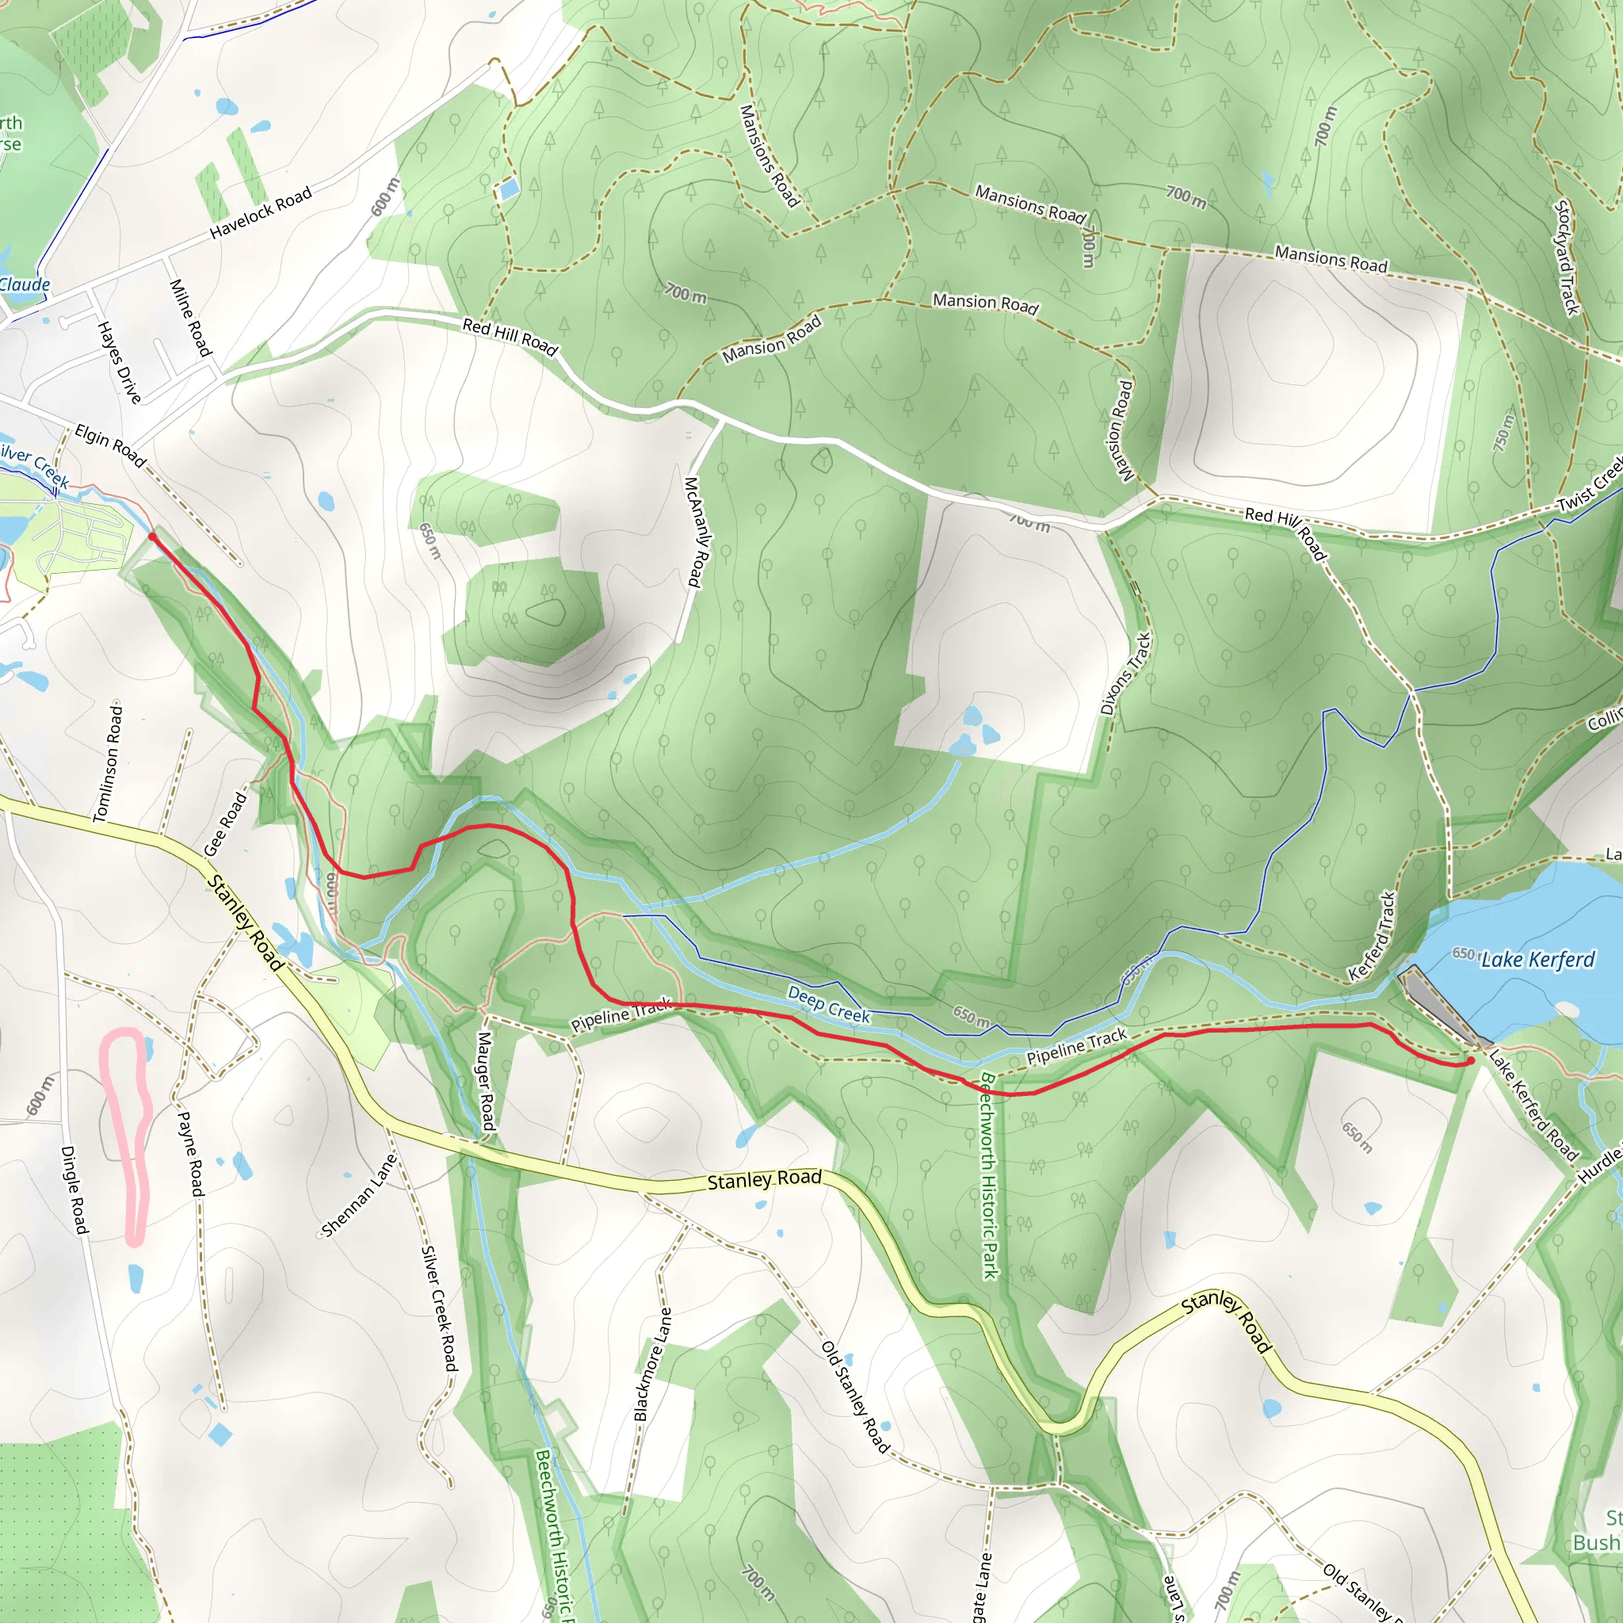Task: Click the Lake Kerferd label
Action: pyautogui.click(x=1537, y=960)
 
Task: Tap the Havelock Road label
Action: pyautogui.click(x=261, y=212)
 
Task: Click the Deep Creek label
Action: pyautogui.click(x=828, y=1004)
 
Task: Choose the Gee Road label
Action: pyautogui.click(x=226, y=823)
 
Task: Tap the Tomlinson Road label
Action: pyautogui.click(x=108, y=763)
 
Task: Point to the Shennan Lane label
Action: pyautogui.click(x=359, y=1195)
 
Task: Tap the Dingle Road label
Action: pyautogui.click(x=74, y=1190)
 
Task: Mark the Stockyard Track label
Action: pyautogui.click(x=1567, y=257)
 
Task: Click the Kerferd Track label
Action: pyautogui.click(x=1371, y=937)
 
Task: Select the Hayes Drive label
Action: pyautogui.click(x=120, y=362)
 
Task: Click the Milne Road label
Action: pyautogui.click(x=190, y=318)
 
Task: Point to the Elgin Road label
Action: pyautogui.click(x=110, y=445)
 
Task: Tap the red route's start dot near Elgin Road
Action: pyautogui.click(x=152, y=536)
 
